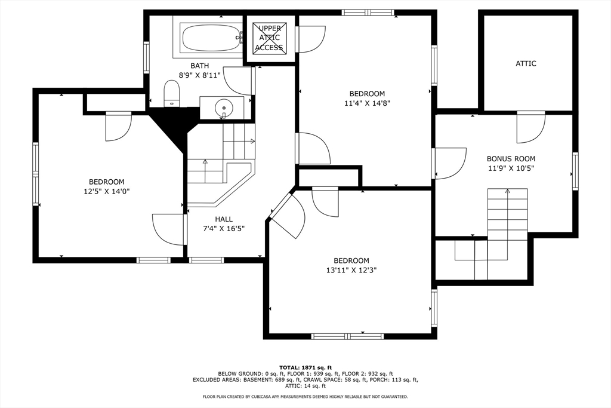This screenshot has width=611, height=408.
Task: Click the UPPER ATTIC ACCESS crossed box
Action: [269, 38]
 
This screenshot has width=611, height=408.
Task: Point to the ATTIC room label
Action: [526, 63]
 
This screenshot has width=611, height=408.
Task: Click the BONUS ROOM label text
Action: [511, 159]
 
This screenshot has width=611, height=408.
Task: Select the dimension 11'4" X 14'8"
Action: [367, 103]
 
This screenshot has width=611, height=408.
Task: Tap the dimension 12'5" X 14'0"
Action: [106, 192]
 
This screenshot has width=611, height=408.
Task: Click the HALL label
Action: [224, 219]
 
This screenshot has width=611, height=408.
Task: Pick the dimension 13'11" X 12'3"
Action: [351, 270]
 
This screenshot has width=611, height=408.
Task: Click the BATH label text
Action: [199, 66]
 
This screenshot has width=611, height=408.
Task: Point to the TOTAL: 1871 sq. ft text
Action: [305, 367]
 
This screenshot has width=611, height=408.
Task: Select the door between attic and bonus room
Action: [530, 128]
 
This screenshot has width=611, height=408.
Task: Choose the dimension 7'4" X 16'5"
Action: [224, 229]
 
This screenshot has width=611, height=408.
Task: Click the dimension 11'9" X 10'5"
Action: [511, 168]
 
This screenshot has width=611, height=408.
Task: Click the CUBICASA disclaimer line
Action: [305, 397]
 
